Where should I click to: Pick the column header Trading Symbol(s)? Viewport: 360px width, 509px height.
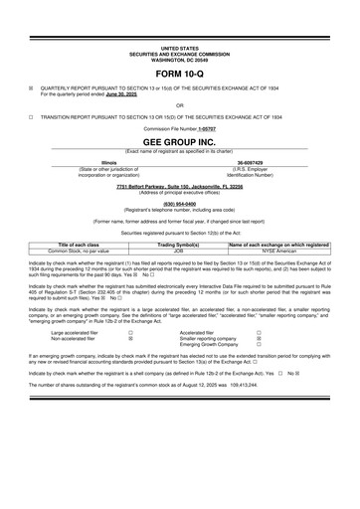click(x=179, y=244)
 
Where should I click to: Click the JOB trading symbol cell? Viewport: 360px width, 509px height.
click(x=179, y=251)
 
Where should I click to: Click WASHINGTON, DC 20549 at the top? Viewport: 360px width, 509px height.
click(x=179, y=57)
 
